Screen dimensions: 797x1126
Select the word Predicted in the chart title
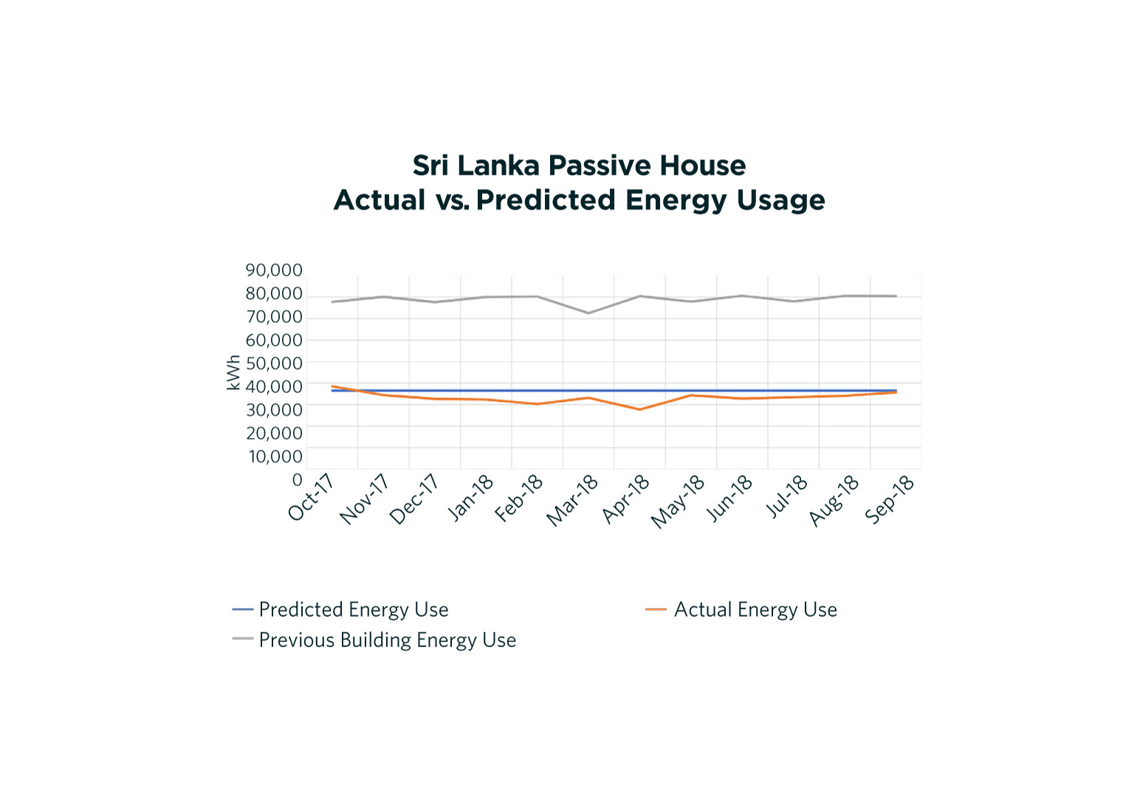click(x=546, y=200)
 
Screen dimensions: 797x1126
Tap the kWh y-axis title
click(x=233, y=372)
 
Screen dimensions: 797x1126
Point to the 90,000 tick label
click(x=274, y=270)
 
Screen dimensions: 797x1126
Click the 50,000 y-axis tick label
click(x=274, y=363)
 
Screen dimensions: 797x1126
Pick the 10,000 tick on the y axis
click(x=275, y=456)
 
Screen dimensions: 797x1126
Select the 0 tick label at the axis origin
click(x=298, y=480)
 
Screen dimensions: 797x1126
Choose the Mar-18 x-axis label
click(x=572, y=501)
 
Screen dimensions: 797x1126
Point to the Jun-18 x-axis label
click(x=730, y=499)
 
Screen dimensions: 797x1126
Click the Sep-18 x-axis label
click(x=890, y=500)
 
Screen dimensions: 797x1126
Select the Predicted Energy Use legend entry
click(x=354, y=609)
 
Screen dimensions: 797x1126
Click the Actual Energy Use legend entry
click(x=755, y=609)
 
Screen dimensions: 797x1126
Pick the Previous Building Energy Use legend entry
click(x=387, y=640)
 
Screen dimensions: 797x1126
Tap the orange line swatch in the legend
click(x=656, y=609)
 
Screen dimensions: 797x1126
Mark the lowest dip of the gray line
click(x=588, y=313)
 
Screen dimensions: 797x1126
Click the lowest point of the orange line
click(x=639, y=409)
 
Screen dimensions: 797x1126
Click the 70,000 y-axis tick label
click(x=274, y=317)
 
